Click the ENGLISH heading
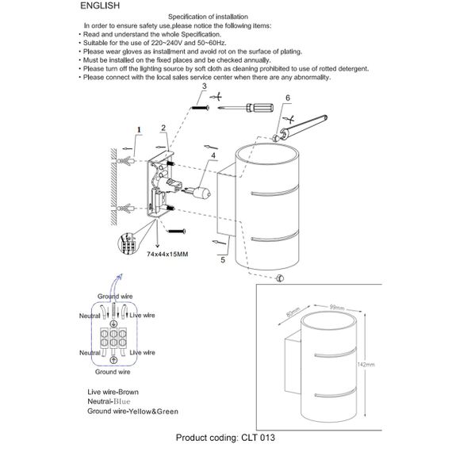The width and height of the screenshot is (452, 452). coord(100,6)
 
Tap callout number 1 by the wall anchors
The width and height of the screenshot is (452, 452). coord(137,128)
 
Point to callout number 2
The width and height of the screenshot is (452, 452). coord(163,128)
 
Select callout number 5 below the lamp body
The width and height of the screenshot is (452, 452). coord(223,259)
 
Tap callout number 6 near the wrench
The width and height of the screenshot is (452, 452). coord(288,98)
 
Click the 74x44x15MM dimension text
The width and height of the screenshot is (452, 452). coord(169,254)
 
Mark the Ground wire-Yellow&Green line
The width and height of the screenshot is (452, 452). coord(132,412)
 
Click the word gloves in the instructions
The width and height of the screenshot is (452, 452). coord(136,52)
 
